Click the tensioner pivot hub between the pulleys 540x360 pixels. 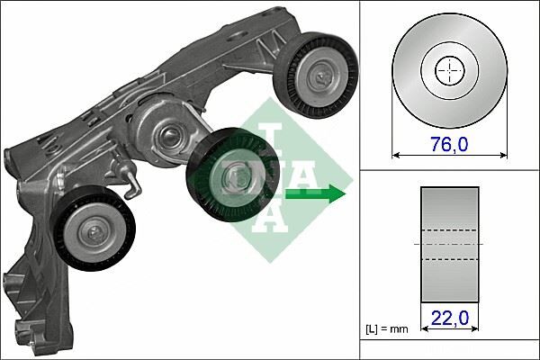[167, 139]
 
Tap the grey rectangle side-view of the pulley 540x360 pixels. [449, 244]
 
